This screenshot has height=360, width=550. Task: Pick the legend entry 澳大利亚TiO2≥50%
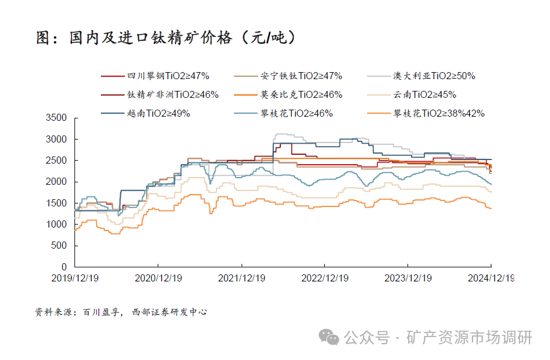pyautogui.click(x=433, y=76)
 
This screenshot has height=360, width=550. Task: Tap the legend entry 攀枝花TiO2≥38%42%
pyautogui.click(x=439, y=113)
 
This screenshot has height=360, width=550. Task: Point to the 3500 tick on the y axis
pyautogui.click(x=57, y=118)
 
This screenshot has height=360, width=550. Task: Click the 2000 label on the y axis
pyautogui.click(x=57, y=182)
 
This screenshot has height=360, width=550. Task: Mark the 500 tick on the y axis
pyautogui.click(x=60, y=246)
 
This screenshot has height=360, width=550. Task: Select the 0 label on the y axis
pyautogui.click(x=64, y=267)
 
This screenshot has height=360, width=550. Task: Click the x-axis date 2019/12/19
pyautogui.click(x=75, y=279)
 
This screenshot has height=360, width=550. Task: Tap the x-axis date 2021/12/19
pyautogui.click(x=241, y=279)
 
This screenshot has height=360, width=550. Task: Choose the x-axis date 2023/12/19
pyautogui.click(x=408, y=279)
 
